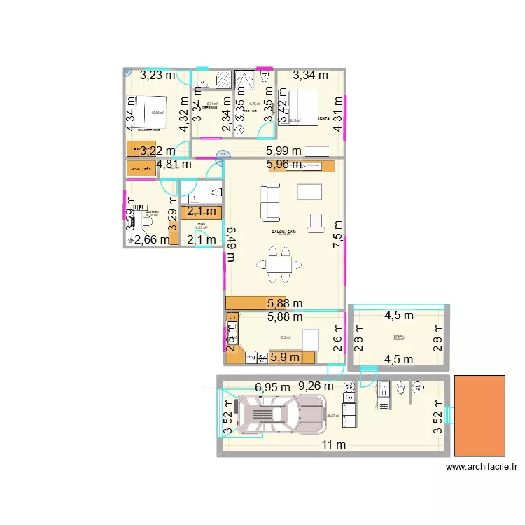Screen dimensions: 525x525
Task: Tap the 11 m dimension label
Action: coord(334,445)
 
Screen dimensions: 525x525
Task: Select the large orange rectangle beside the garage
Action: coord(480,416)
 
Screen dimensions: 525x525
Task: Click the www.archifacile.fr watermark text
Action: coord(481,468)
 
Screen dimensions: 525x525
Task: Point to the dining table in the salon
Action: coord(280,265)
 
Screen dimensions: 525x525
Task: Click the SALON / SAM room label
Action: coord(283,232)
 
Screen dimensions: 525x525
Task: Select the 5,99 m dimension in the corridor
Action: coord(283,150)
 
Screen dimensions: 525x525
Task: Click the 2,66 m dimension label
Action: coord(151,240)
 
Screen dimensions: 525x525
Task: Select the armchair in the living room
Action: coord(316,222)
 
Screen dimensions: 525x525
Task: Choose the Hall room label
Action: coord(201,225)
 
